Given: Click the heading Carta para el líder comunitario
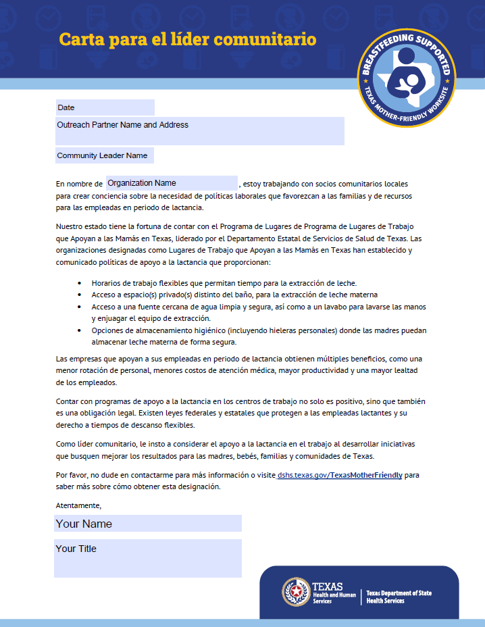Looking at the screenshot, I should click(x=187, y=39).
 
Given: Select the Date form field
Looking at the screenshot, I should click(x=105, y=107).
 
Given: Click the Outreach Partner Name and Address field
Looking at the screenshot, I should click(x=199, y=130).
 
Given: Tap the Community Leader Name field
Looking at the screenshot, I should click(x=105, y=155).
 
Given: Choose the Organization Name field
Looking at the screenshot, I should click(x=172, y=183).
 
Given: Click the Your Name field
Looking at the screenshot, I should click(x=147, y=524).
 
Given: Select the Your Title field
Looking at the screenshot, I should click(x=147, y=557).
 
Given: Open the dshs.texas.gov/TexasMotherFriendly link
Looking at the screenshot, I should click(x=340, y=475).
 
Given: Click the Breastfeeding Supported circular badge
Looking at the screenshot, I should click(x=407, y=78).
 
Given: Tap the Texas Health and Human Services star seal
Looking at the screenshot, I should click(x=295, y=593).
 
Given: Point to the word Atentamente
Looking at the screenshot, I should click(x=78, y=505).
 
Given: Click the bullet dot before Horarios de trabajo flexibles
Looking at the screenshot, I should click(x=80, y=283).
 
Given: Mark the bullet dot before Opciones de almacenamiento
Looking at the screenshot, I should click(x=80, y=330).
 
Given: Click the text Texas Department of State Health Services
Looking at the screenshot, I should click(x=399, y=597).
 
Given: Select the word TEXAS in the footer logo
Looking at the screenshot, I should click(x=328, y=586).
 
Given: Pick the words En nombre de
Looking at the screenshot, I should click(x=79, y=184).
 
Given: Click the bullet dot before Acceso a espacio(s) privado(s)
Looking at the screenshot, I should click(x=80, y=295).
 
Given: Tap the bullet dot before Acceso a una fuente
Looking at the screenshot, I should click(x=80, y=307).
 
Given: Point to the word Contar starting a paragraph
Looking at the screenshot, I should click(x=68, y=401).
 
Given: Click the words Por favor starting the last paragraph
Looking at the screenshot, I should click(x=73, y=475).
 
